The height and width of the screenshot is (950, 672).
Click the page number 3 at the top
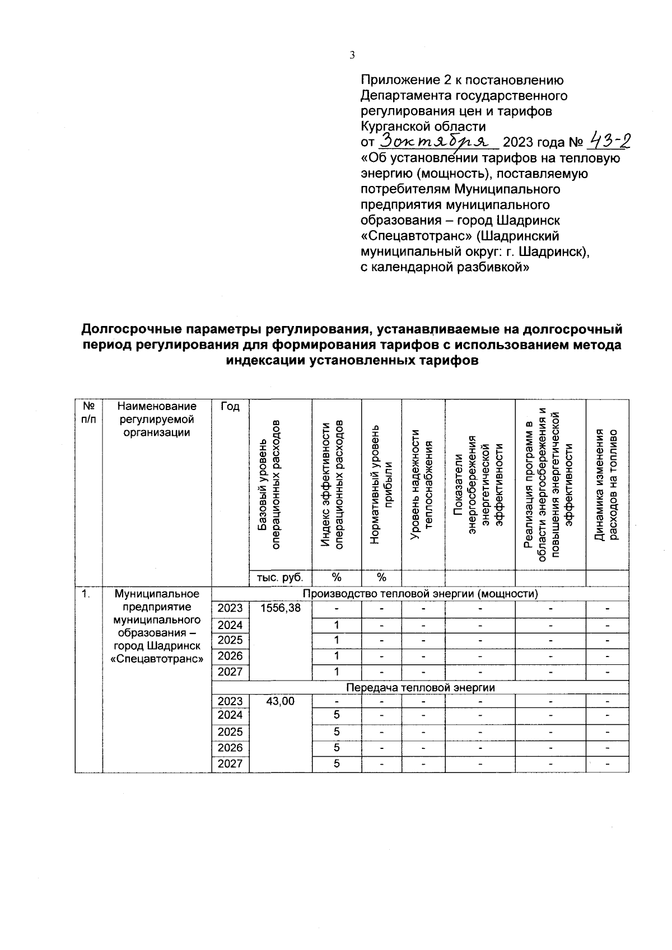(352, 55)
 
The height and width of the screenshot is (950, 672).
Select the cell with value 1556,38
(280, 608)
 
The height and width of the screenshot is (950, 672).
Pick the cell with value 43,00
(280, 701)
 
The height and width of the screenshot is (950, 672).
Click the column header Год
(230, 407)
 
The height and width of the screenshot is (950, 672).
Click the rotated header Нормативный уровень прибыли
(382, 485)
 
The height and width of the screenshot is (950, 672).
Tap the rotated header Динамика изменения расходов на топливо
(607, 485)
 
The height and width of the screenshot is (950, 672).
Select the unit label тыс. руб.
(280, 578)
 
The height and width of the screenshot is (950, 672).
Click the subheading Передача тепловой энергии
(420, 687)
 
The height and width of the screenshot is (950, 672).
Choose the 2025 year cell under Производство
(230, 640)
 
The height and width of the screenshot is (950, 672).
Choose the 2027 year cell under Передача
(230, 764)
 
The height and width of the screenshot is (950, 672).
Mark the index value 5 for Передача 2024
(337, 715)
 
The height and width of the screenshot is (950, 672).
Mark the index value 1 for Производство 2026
(337, 656)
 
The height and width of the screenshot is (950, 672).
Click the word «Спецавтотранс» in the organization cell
(157, 659)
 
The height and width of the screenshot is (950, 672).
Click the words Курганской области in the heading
(423, 126)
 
